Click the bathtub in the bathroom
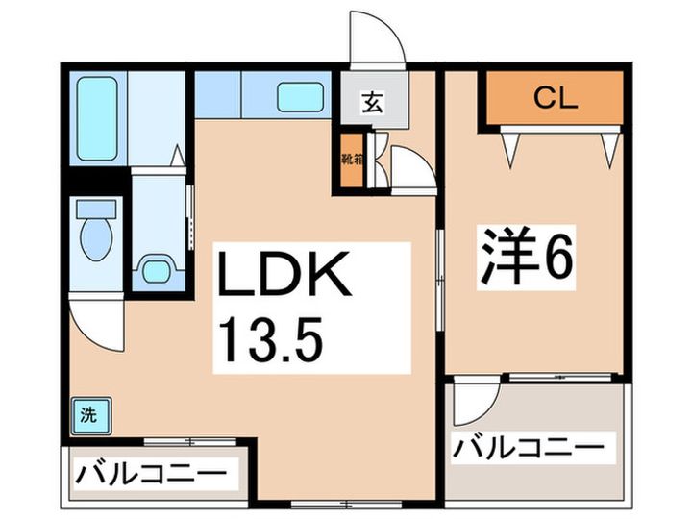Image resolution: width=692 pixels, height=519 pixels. coord(97,118)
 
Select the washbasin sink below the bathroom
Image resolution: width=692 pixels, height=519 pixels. coord(156,270)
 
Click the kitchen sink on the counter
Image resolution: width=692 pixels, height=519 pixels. coord(300,96)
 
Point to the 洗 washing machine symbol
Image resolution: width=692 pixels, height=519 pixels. coord(88,416)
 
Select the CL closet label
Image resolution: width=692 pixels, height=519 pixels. coord(555,98)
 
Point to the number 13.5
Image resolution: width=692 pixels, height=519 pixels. coord(271,336)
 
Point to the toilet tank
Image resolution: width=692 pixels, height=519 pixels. coord(95,209)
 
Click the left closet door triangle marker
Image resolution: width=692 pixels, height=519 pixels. coord(508,147)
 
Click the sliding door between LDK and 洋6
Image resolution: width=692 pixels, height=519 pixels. coord(439,279)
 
